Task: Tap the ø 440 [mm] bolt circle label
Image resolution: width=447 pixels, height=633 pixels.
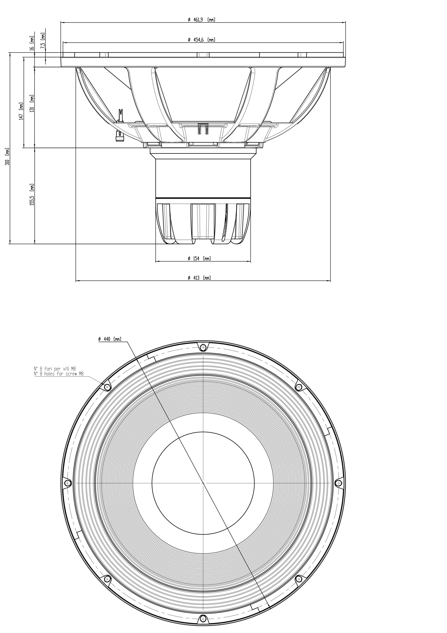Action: tap(110, 339)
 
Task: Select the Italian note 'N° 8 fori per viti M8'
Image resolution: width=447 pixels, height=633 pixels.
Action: tap(55, 368)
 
